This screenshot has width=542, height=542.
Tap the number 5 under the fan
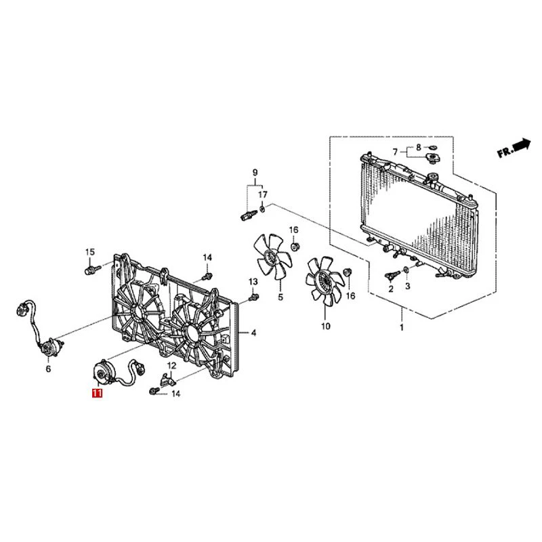click(x=280, y=297)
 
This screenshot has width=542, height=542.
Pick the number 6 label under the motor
click(x=48, y=369)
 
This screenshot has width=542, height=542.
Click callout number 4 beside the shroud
click(x=253, y=333)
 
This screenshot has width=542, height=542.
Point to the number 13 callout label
click(x=253, y=281)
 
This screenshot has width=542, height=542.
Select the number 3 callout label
click(x=408, y=287)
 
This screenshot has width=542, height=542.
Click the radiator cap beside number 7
click(x=431, y=158)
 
